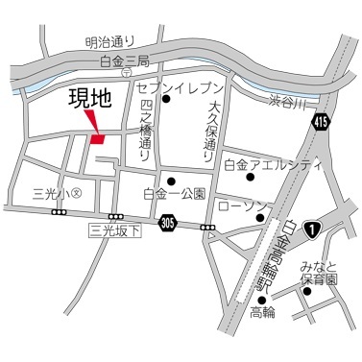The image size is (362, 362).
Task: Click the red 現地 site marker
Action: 95,136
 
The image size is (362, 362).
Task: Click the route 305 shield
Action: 169,222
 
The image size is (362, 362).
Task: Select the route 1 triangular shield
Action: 312,227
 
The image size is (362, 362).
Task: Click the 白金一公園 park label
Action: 174,193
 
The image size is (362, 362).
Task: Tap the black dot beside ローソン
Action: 261,218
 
